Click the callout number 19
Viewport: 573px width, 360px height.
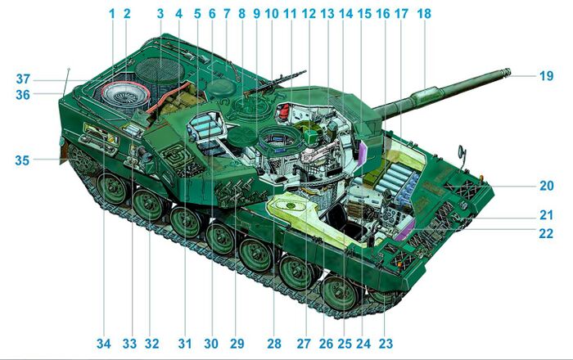546,75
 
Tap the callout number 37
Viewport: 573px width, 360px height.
22,79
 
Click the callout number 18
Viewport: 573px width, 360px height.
423,14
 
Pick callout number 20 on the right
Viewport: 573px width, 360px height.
546,186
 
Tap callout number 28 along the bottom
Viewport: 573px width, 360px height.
273,343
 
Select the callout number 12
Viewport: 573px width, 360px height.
308,14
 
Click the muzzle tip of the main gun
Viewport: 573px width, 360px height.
510,73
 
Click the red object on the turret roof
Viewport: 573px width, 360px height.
284,110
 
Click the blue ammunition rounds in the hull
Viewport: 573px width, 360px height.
400,180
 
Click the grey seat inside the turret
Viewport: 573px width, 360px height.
205,127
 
